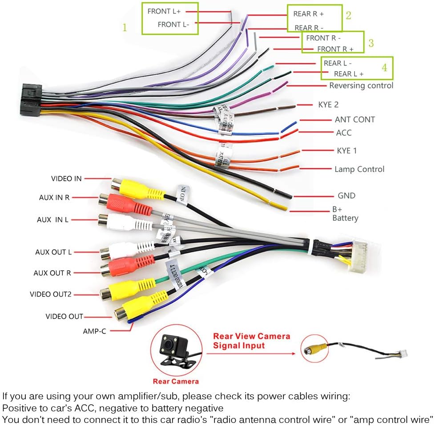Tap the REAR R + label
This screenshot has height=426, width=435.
(x=308, y=14)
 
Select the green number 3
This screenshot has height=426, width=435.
(x=371, y=43)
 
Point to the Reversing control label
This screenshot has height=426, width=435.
(x=361, y=85)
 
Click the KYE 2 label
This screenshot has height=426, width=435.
(x=328, y=105)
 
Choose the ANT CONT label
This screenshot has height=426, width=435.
(x=354, y=119)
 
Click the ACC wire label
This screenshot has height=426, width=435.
(x=343, y=133)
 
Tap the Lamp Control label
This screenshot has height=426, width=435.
(x=359, y=169)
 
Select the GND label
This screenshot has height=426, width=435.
(x=346, y=195)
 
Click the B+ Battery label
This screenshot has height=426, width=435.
(x=345, y=214)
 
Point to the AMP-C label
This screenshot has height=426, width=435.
(x=94, y=331)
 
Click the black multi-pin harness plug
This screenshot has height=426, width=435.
(x=31, y=100)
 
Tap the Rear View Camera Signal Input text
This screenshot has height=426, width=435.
(x=251, y=341)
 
